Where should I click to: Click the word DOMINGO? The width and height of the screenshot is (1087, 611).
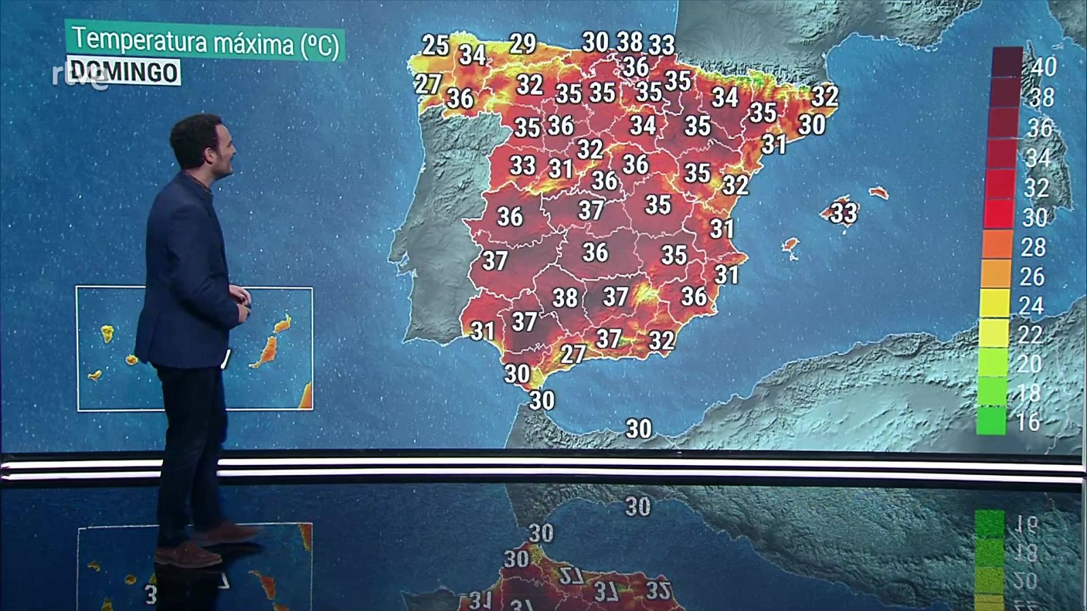pos(124,71)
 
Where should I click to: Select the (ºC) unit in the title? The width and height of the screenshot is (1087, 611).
pos(319,45)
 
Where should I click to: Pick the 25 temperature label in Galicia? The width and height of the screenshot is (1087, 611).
pos(435,45)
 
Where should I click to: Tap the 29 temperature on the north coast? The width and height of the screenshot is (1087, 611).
pos(522,43)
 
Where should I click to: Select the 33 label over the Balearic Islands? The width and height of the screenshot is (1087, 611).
pos(844,212)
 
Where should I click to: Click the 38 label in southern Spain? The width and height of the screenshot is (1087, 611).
pos(565,297)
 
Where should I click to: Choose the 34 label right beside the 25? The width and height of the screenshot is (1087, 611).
pos(472,54)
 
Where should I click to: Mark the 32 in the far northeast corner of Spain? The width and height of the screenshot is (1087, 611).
pos(825,95)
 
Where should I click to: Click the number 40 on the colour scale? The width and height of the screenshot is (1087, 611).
pos(1044,67)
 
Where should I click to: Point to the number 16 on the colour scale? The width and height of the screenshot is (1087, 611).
pos(1028,422)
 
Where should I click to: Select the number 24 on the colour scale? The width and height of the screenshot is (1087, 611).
pos(1031,305)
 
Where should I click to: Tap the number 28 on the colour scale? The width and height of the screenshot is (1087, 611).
pos(1033,247)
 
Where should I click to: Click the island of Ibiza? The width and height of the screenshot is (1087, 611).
pos(789,246)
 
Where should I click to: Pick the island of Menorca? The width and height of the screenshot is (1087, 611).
pos(878,192)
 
